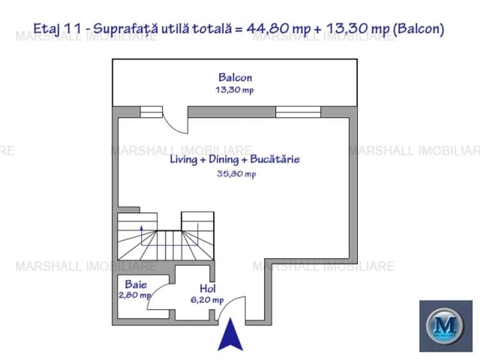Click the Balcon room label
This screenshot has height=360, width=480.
click(x=235, y=78)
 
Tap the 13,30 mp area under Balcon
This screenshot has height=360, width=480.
click(x=235, y=90)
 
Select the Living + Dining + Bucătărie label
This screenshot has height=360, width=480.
click(x=235, y=160)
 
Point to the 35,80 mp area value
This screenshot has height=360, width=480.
click(x=236, y=173)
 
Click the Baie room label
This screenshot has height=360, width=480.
click(x=136, y=285)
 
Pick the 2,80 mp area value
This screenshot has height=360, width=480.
click(x=135, y=295)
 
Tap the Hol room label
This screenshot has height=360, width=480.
click(x=207, y=288)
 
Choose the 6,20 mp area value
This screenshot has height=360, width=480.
click(x=207, y=299)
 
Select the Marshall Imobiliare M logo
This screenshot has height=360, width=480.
click(x=445, y=326)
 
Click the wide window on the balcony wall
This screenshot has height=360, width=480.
click(x=297, y=112)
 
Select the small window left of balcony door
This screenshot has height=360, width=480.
click(x=151, y=112)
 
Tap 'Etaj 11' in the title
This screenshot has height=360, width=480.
click(x=56, y=28)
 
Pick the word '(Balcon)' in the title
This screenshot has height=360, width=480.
click(x=419, y=28)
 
